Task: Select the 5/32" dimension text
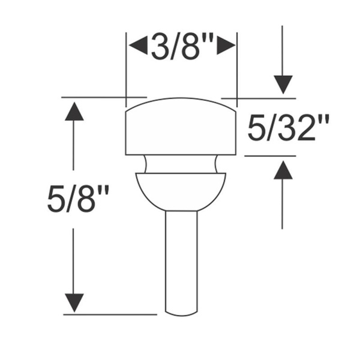click(x=289, y=127)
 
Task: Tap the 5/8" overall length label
click(x=78, y=199)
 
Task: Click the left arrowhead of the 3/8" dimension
click(x=138, y=45)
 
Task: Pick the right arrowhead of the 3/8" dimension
click(x=226, y=45)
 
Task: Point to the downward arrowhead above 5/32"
click(x=283, y=85)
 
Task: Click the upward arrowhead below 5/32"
click(x=283, y=170)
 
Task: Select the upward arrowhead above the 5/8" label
click(x=74, y=111)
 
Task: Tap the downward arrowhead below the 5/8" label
click(x=74, y=303)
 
